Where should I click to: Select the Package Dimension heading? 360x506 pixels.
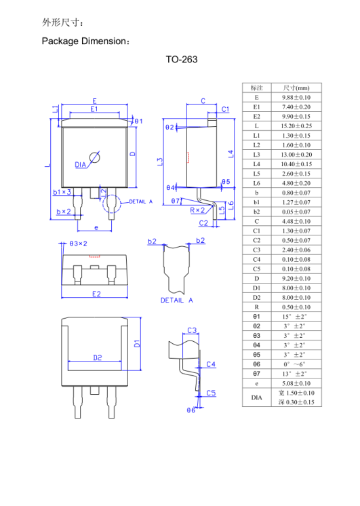(x=85, y=41)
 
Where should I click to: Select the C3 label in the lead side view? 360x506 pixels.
(x=192, y=330)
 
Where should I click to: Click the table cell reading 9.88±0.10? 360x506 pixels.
(x=296, y=98)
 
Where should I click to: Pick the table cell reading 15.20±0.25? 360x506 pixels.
(x=296, y=126)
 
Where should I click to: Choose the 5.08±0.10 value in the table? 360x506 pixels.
(x=296, y=383)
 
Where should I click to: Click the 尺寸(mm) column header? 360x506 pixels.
(x=296, y=88)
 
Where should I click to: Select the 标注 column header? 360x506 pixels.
(x=256, y=88)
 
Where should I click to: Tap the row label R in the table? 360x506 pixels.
(x=256, y=307)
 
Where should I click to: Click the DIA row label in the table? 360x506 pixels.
(x=256, y=397)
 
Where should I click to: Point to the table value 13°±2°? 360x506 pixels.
(x=296, y=373)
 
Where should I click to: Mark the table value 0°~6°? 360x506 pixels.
(x=296, y=364)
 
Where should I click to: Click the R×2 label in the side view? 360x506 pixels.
(x=198, y=211)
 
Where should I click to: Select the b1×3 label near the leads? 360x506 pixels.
(x=62, y=192)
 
